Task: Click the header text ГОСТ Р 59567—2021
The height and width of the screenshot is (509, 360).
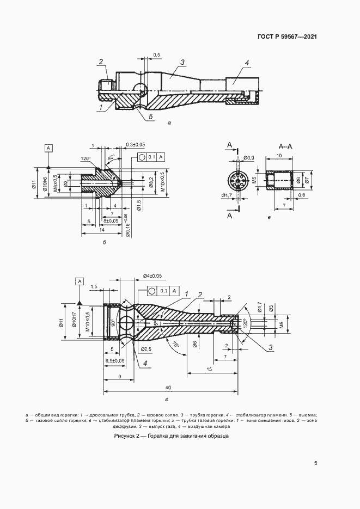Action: (x=287, y=37)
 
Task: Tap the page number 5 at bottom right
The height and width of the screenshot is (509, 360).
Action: (x=316, y=463)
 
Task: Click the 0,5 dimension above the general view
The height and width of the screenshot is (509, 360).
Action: (x=156, y=55)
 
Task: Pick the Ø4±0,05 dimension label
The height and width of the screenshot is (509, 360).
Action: (x=152, y=276)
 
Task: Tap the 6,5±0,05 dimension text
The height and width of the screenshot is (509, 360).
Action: (x=113, y=360)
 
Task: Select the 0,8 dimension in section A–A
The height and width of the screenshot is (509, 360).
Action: (x=301, y=194)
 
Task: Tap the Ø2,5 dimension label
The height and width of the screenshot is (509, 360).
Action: (x=145, y=348)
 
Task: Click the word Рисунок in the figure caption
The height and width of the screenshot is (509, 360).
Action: (x=126, y=437)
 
